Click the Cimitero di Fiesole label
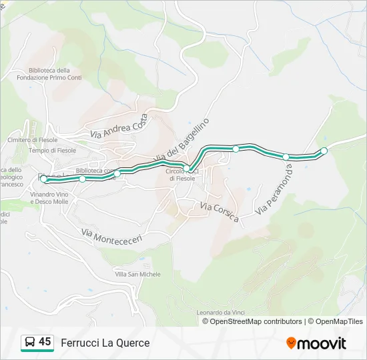point(32,140)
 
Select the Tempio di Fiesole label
point(53,151)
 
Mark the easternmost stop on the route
point(324,151)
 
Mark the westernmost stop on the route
point(44,179)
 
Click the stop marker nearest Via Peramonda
point(286,157)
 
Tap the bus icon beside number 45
point(29,343)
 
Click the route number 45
point(45,342)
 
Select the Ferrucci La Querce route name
point(105,343)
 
